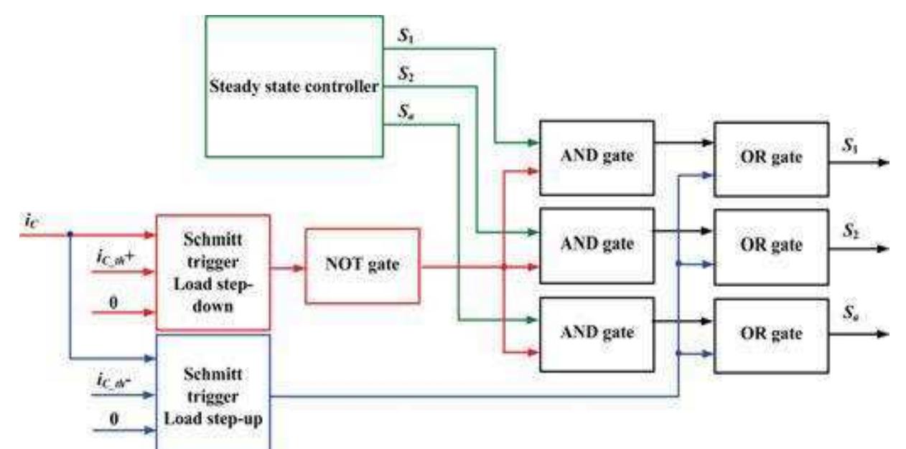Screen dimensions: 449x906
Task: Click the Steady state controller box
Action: tap(294, 87)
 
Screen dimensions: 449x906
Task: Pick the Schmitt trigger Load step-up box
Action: tap(213, 393)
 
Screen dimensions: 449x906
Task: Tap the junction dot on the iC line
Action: tap(70, 234)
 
